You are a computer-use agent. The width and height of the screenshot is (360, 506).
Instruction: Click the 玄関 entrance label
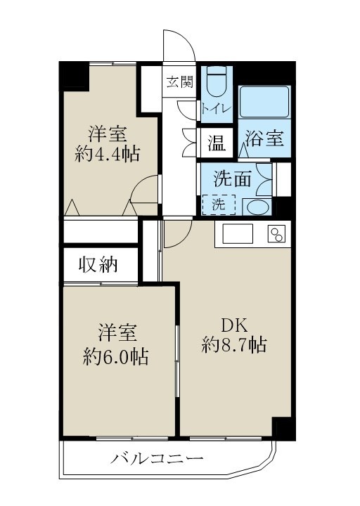click(x=179, y=81)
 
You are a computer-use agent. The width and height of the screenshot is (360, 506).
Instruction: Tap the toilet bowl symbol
click(x=214, y=83)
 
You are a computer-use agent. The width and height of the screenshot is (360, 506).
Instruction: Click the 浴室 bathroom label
click(x=264, y=139)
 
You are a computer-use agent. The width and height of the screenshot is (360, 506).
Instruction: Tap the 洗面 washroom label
click(x=232, y=179)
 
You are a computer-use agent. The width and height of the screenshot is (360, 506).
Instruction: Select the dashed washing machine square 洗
click(x=219, y=205)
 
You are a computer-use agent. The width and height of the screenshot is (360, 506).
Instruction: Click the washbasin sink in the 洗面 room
click(x=255, y=207)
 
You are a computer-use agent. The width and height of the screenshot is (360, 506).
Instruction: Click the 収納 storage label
click(x=98, y=266)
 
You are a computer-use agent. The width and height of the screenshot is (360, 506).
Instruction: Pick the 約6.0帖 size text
click(x=115, y=356)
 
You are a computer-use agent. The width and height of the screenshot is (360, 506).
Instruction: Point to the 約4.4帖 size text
click(x=107, y=154)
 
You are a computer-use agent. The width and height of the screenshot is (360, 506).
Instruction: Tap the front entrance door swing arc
click(x=180, y=46)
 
